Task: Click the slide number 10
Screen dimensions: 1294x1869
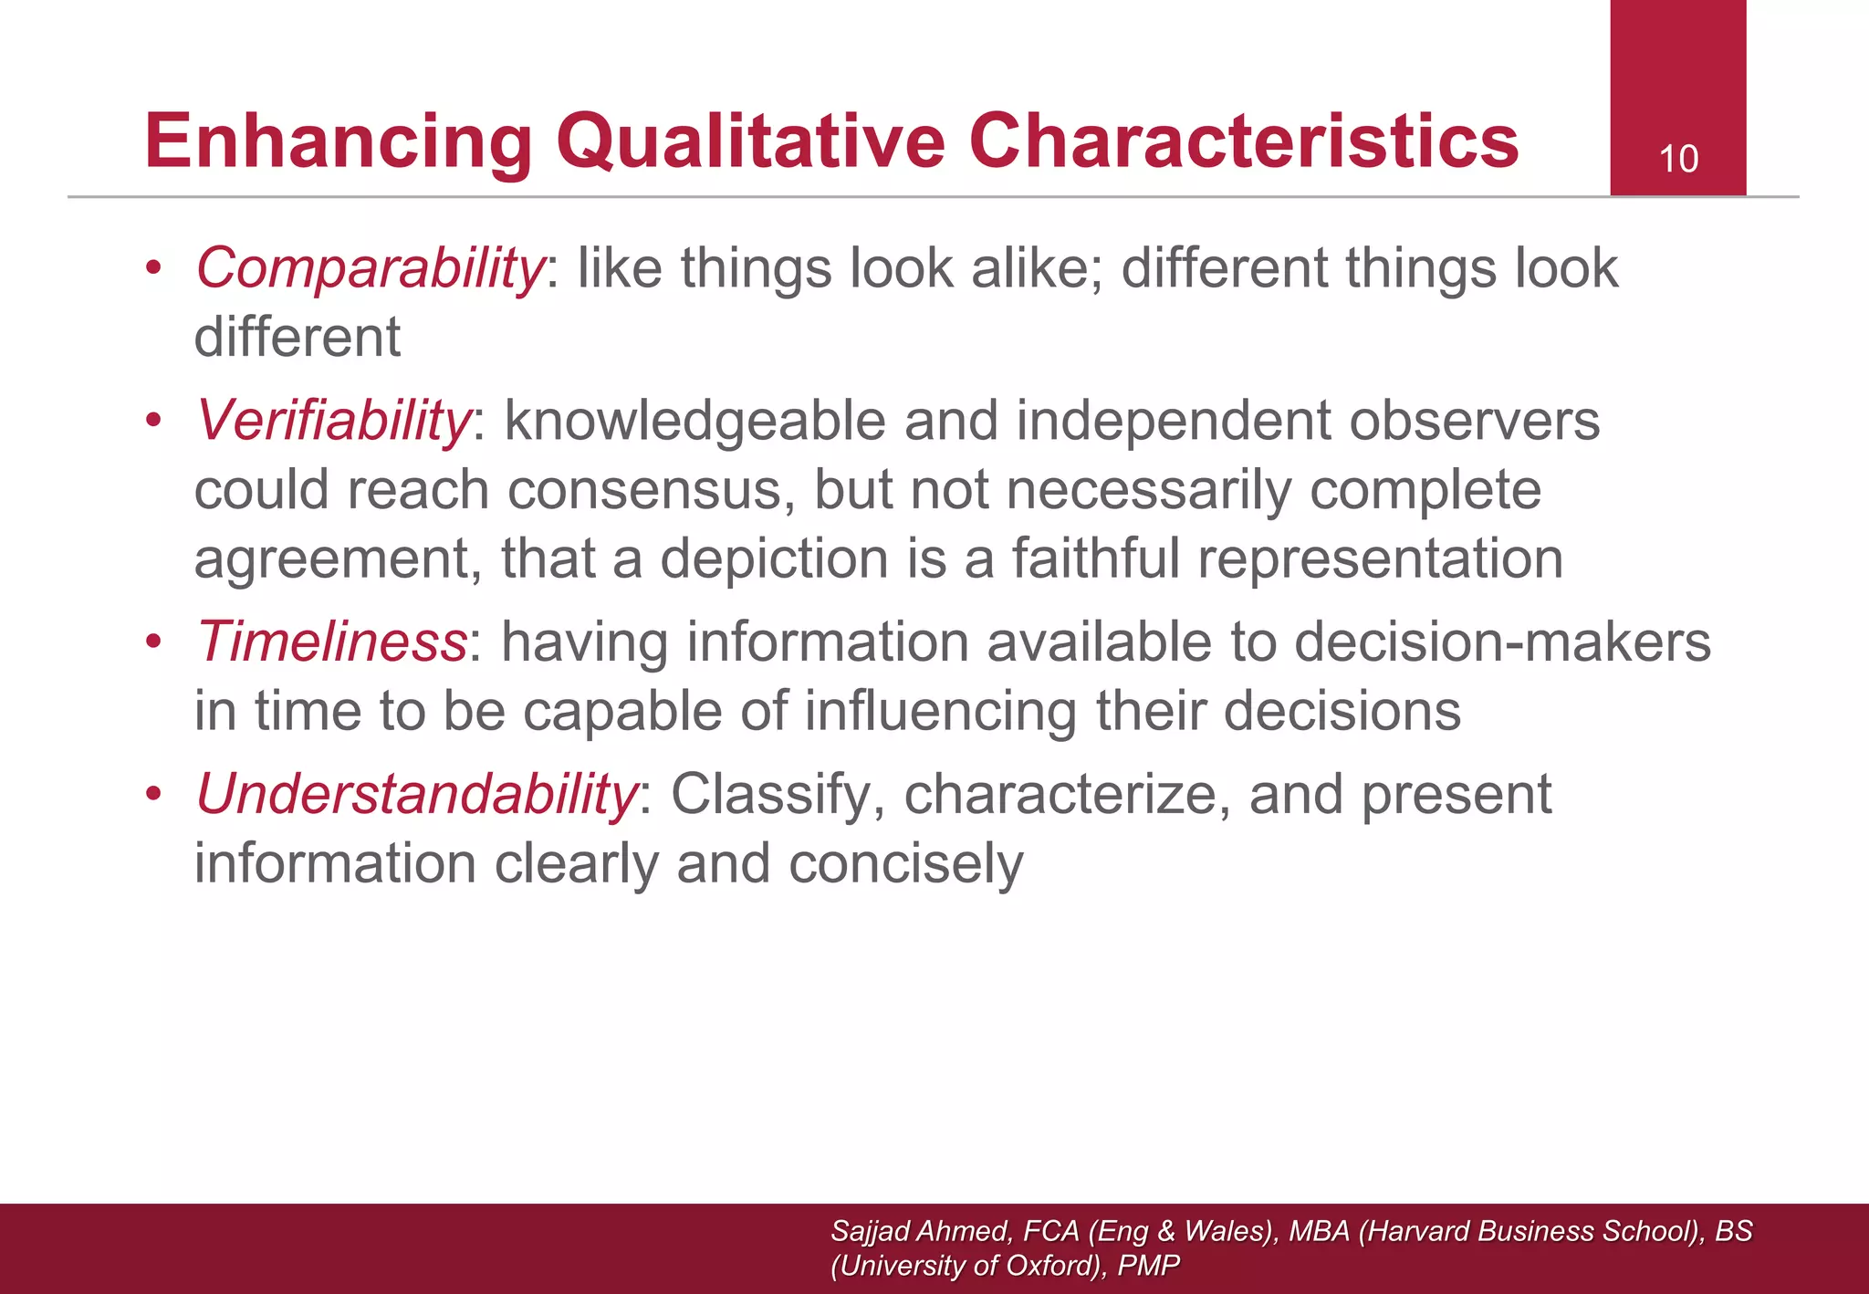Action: pyautogui.click(x=1677, y=160)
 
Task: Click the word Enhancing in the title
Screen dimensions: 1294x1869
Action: pyautogui.click(x=339, y=141)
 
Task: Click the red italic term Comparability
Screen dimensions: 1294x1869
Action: pyautogui.click(x=370, y=269)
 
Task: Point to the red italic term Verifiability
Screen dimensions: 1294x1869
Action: pyautogui.click(x=333, y=422)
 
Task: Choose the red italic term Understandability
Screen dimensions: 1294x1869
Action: pyautogui.click(x=416, y=794)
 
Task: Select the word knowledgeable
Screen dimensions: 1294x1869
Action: pyautogui.click(x=694, y=422)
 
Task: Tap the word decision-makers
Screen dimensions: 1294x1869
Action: pyautogui.click(x=1502, y=642)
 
